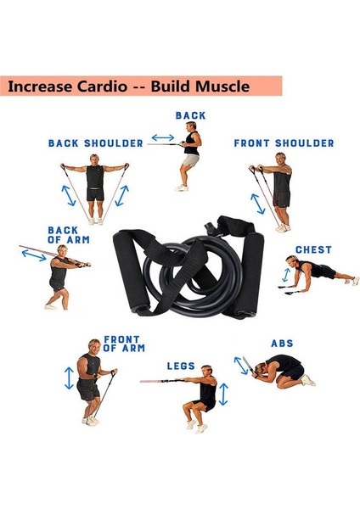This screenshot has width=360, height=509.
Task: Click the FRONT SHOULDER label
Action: (x=284, y=143)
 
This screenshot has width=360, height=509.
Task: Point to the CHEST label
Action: (x=313, y=250)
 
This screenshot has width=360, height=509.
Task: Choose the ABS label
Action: (x=282, y=344)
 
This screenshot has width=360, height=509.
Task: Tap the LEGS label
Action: (x=181, y=366)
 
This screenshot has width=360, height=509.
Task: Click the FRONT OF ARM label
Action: (x=123, y=344)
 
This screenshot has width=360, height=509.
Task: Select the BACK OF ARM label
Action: (x=63, y=234)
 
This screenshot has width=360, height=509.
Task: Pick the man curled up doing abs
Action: (x=284, y=370)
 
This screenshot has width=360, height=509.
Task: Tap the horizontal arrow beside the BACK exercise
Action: (x=162, y=137)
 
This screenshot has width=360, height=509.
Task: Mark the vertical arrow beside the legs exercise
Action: (x=223, y=394)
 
